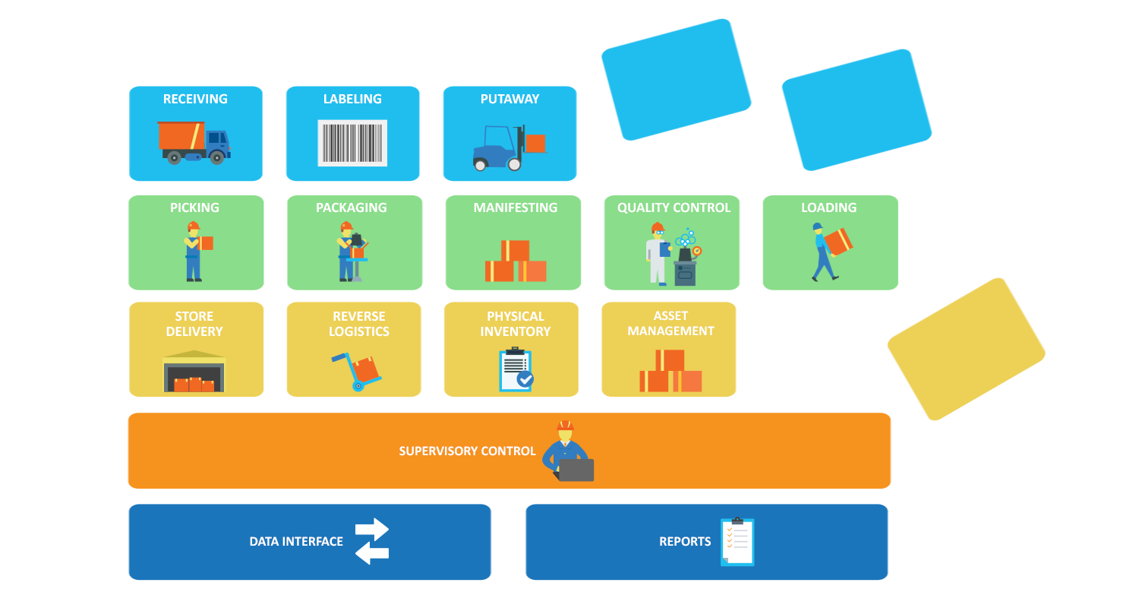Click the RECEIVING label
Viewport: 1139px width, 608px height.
tap(195, 99)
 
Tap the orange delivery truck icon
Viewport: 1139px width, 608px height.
tap(194, 142)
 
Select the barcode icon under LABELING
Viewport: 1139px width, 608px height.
tap(352, 143)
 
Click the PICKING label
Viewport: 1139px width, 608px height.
tap(194, 207)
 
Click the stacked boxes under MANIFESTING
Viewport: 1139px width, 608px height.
tap(516, 261)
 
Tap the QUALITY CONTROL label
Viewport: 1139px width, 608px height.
tap(674, 207)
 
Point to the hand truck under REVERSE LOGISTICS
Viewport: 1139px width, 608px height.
tap(358, 371)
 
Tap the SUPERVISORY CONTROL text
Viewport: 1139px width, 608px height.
tap(467, 451)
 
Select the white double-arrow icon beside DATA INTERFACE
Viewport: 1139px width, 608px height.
tap(372, 541)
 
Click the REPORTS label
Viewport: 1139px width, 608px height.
tap(685, 542)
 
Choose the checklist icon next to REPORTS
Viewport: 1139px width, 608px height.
tap(737, 542)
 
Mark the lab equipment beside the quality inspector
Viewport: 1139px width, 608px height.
tap(686, 259)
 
